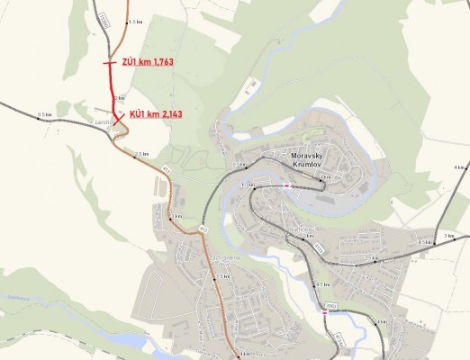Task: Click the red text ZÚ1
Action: click(x=129, y=61)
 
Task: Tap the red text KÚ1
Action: click(x=138, y=114)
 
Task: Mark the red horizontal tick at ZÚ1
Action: click(x=108, y=63)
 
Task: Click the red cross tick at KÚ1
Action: click(x=118, y=115)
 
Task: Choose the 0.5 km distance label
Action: click(x=45, y=114)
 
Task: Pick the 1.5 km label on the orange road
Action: click(x=136, y=21)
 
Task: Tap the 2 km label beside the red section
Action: click(x=120, y=97)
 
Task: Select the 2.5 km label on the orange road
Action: click(x=142, y=154)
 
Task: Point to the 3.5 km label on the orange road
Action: click(x=223, y=277)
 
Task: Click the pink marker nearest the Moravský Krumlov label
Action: click(x=287, y=184)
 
